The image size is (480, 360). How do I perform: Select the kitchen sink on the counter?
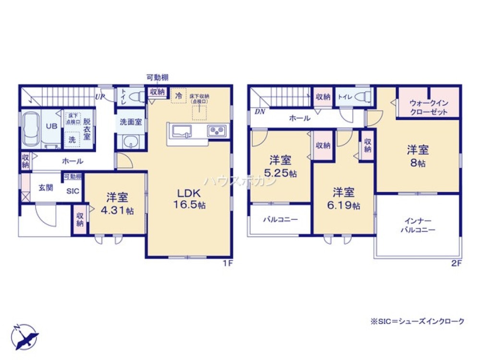pyautogui.click(x=182, y=131)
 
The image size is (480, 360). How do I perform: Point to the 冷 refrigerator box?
pyautogui.click(x=179, y=96)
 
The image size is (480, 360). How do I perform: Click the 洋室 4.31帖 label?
pyautogui.click(x=117, y=204)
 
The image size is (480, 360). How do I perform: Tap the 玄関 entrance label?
pyautogui.click(x=46, y=186)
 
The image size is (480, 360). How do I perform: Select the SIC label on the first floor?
pyautogui.click(x=72, y=191)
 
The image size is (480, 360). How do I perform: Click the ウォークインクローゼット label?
pyautogui.click(x=429, y=107)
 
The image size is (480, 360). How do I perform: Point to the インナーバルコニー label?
pyautogui.click(x=418, y=225)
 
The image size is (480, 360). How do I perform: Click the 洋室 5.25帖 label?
pyautogui.click(x=281, y=166)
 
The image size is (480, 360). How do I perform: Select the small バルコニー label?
pyautogui.click(x=280, y=219)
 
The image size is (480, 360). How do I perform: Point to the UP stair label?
pyautogui.click(x=99, y=97)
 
